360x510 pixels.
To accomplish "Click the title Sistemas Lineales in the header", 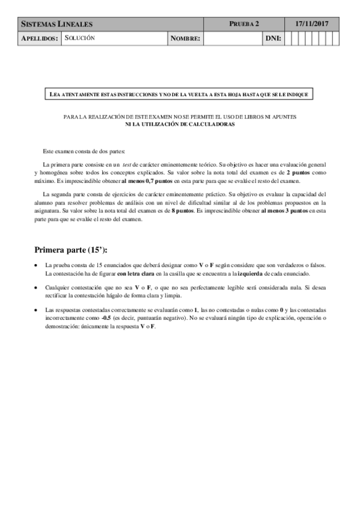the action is tap(57, 24).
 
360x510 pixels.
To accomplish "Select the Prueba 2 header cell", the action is tap(244, 24).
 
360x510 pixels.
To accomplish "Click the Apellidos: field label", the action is tap(40, 38).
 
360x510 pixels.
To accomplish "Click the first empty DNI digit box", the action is tap(288, 38).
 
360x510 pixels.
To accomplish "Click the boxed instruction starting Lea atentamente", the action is tap(180, 94).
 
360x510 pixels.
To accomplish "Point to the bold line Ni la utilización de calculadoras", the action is tap(180, 124).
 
